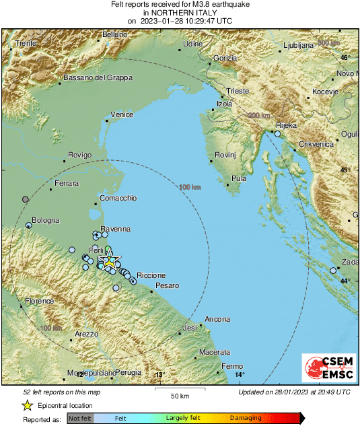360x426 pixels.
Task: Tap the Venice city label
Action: pos(122,115)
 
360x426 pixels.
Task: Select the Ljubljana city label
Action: pos(297,45)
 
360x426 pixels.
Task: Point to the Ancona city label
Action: pos(217,319)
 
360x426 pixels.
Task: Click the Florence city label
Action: pos(39,301)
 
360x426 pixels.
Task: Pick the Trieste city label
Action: pos(238,90)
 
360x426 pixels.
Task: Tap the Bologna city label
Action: pos(45,220)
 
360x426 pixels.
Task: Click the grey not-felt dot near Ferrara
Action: pos(26,199)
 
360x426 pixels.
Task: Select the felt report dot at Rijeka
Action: pos(277,135)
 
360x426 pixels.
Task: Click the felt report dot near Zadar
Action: pos(333,271)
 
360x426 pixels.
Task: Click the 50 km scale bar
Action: pos(178,389)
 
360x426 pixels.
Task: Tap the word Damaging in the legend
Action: pos(246,418)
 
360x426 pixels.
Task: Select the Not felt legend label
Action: pos(81,418)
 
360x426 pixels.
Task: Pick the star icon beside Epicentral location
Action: pos(27,405)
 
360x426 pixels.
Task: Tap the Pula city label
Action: pos(239,178)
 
